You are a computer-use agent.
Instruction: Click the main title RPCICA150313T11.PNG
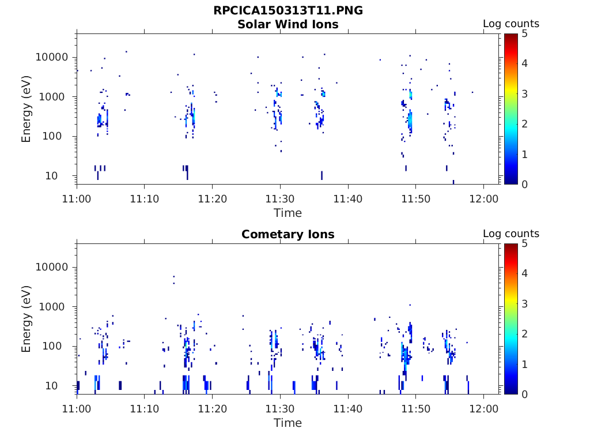(x=288, y=10)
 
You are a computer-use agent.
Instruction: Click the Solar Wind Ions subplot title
(x=288, y=24)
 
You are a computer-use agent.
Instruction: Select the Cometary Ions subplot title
(x=288, y=234)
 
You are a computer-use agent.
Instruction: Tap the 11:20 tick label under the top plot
(x=213, y=198)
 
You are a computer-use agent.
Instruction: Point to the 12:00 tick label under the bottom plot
(x=483, y=408)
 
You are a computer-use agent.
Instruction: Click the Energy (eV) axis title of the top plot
(x=27, y=108)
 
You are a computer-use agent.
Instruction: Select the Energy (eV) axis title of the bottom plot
(x=27, y=318)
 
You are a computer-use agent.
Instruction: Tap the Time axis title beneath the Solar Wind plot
(x=288, y=213)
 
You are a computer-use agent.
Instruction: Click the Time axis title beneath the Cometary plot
(x=288, y=423)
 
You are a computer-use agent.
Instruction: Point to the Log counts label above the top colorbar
(x=510, y=24)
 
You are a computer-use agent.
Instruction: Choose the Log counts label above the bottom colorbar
(x=510, y=234)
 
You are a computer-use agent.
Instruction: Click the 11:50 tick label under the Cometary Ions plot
(x=415, y=408)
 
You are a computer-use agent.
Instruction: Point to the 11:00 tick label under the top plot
(x=77, y=198)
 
